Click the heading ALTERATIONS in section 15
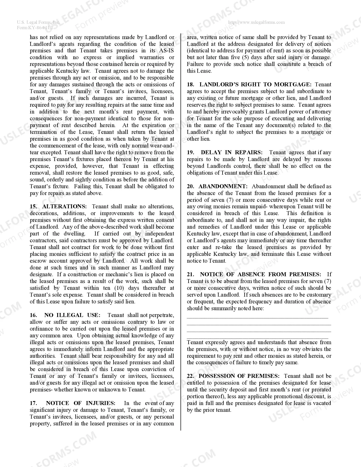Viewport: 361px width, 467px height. pyautogui.click(x=65, y=207)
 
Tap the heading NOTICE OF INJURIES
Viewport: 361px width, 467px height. pyautogui.click(x=81, y=403)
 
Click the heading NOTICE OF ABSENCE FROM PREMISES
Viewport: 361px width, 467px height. pyautogui.click(x=260, y=275)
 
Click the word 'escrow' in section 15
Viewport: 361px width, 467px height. pyautogui.click(x=38, y=261)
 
